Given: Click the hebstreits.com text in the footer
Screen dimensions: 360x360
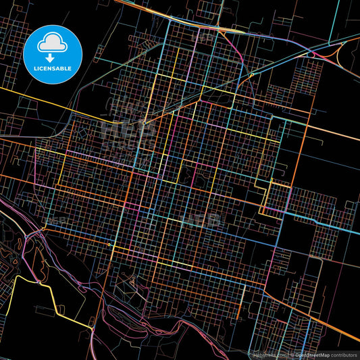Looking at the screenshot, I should [x=265, y=354].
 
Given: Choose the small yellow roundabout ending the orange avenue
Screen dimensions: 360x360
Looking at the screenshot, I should [x=109, y=242].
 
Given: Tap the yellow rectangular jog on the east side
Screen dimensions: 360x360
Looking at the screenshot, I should [x=277, y=196].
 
